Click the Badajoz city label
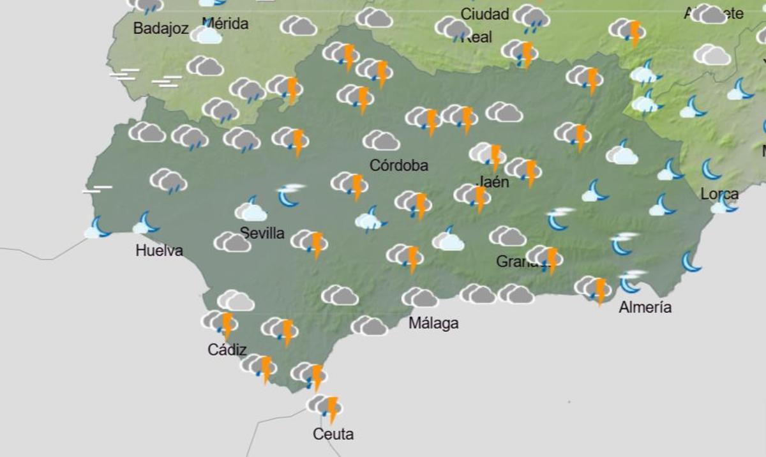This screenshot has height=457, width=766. [x=161, y=29]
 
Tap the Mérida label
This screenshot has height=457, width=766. [x=225, y=24]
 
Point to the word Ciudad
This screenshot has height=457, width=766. [x=484, y=14]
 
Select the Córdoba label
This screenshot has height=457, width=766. [x=399, y=166]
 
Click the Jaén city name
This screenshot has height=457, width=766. [x=493, y=182]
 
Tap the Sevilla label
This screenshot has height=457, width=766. [x=262, y=233]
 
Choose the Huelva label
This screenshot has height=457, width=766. [x=159, y=251]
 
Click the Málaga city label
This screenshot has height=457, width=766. [x=433, y=324]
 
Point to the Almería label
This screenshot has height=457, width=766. [x=645, y=308]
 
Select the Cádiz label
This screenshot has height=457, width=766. [x=227, y=349]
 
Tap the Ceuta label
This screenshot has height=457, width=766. [x=333, y=435]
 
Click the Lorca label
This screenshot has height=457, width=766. [x=719, y=194]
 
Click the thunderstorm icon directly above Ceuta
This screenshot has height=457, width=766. [x=325, y=407]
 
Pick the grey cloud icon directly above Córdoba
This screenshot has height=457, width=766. [x=381, y=140]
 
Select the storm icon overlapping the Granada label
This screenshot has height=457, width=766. [x=544, y=258]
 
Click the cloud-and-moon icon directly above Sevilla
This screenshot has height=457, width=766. [x=251, y=209]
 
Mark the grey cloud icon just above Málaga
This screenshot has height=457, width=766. [x=419, y=297]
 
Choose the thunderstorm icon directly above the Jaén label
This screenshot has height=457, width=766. [x=488, y=154]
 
